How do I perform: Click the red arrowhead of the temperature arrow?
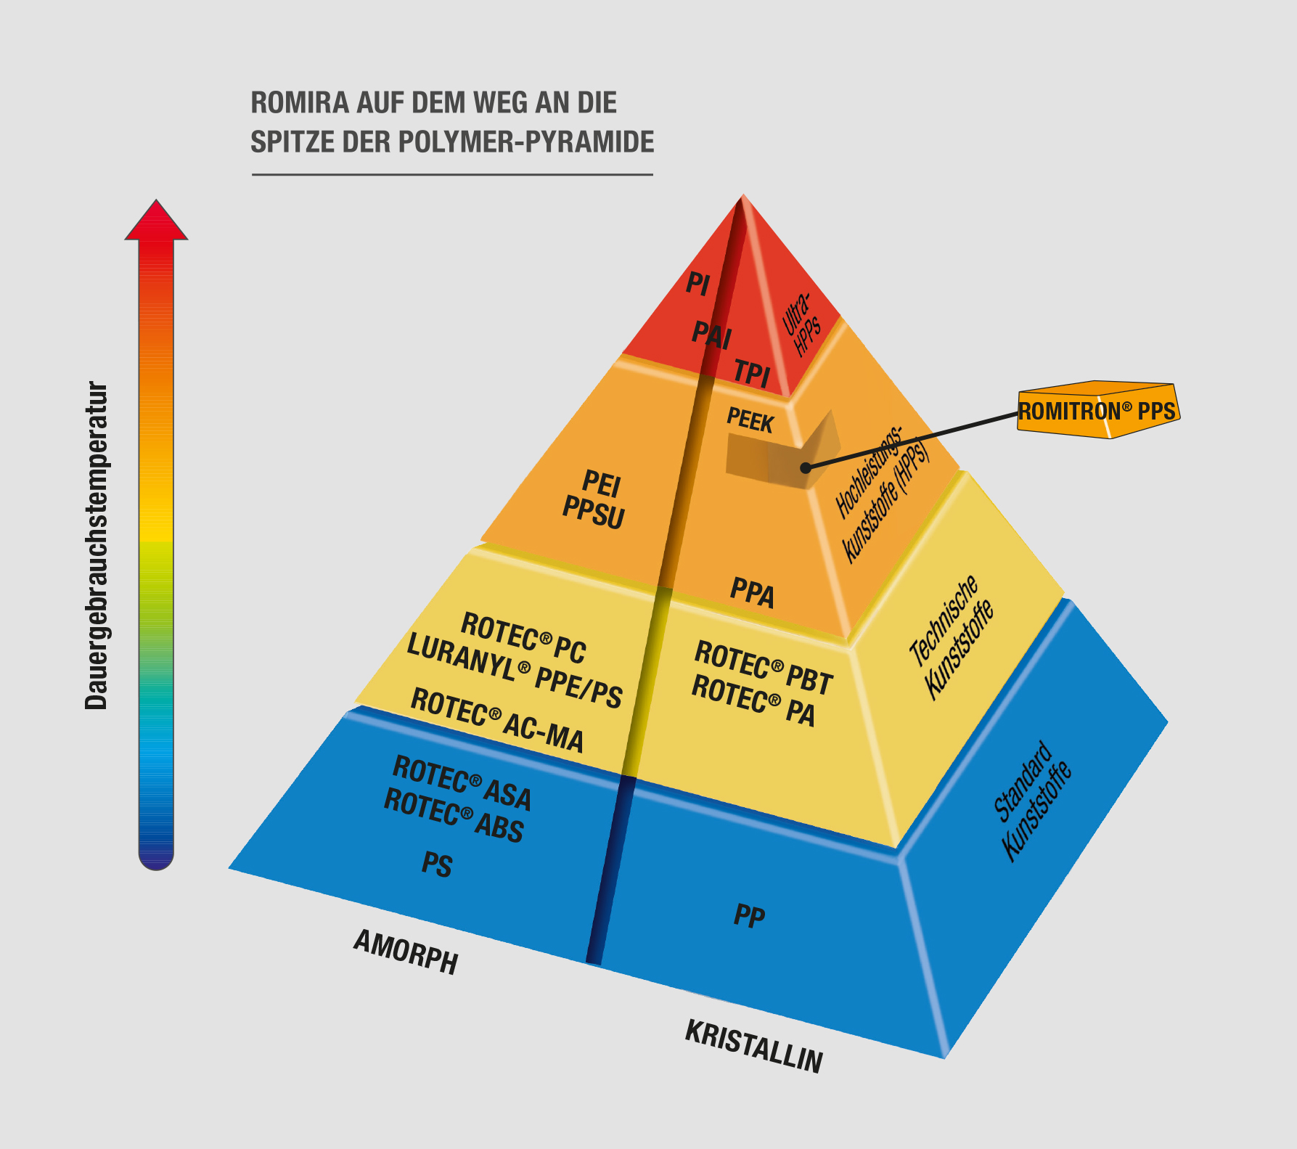pyautogui.click(x=156, y=222)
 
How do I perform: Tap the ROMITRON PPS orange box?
pyautogui.click(x=1097, y=411)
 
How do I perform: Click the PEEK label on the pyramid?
pyautogui.click(x=750, y=420)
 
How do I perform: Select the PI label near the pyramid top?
pyautogui.click(x=697, y=284)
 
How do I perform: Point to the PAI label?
pyautogui.click(x=711, y=335)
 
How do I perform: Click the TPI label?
pyautogui.click(x=751, y=373)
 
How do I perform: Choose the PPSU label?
pyautogui.click(x=594, y=512)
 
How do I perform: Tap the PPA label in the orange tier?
pyautogui.click(x=753, y=592)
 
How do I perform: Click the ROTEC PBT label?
pyautogui.click(x=764, y=666)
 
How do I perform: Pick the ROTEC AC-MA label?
pyautogui.click(x=497, y=721)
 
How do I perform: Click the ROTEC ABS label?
pyautogui.click(x=454, y=816)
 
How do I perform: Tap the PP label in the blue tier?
pyautogui.click(x=749, y=916)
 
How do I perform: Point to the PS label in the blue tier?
pyautogui.click(x=437, y=864)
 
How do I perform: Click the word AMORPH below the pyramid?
pyautogui.click(x=406, y=952)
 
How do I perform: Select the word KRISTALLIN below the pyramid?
pyautogui.click(x=753, y=1046)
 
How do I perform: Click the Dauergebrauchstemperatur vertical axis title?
pyautogui.click(x=96, y=544)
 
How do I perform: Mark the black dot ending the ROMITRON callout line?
pyautogui.click(x=806, y=468)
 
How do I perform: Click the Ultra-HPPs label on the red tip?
pyautogui.click(x=801, y=324)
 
